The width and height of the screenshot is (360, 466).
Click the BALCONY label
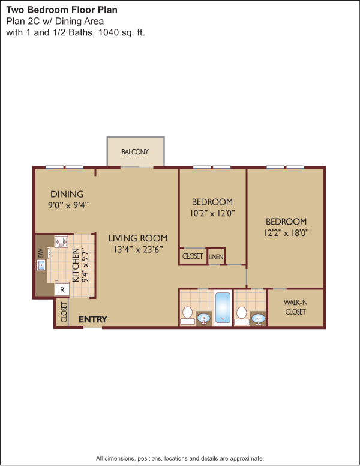135,151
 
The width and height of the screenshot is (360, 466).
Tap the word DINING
67,194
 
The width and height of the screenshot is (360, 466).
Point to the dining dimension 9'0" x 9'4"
68,205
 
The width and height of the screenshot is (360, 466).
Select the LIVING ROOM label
138,238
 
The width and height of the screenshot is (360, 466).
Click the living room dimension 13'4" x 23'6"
138,249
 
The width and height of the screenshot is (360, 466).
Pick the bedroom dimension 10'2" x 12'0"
212,213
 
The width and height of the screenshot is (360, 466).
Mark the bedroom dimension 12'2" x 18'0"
286,233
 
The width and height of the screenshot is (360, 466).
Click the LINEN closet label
216,256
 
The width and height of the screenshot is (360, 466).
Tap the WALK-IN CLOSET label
295,307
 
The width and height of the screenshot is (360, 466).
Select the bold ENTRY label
92,319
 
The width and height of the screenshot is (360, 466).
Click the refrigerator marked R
62,290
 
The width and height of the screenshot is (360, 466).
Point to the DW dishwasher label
41,253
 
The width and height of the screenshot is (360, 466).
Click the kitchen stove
61,241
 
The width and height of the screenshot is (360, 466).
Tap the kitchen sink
41,265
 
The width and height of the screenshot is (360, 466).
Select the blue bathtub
223,307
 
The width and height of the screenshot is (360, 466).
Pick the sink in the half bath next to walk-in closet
258,319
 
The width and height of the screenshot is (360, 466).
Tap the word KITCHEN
76,265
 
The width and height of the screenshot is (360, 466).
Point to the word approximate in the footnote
247,458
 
